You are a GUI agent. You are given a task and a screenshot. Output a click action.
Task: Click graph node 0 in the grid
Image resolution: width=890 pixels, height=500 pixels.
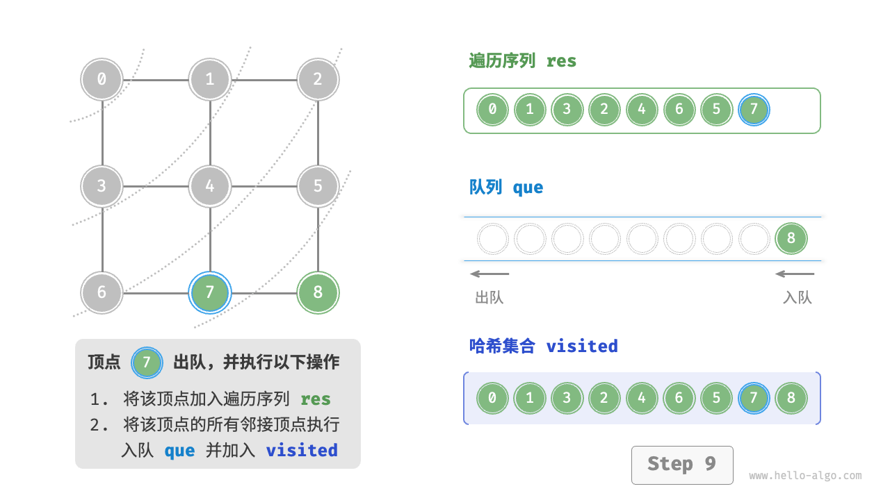click(x=102, y=79)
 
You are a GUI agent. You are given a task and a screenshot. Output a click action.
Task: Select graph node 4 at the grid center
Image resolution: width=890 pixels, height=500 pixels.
click(x=210, y=186)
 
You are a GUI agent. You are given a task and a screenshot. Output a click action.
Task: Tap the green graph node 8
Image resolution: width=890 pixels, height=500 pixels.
click(x=318, y=292)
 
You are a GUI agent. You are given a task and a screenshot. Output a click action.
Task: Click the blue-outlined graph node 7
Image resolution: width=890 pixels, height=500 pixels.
click(x=210, y=292)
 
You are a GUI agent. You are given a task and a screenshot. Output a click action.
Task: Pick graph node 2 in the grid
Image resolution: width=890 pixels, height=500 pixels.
click(x=318, y=79)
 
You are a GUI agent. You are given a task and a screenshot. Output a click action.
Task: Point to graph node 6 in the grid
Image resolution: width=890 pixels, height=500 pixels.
click(x=102, y=292)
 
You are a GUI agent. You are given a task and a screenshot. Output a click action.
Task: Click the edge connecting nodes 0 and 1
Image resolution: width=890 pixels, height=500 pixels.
click(x=156, y=79)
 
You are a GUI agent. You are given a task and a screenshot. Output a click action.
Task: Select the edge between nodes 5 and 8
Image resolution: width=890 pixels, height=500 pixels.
click(x=318, y=239)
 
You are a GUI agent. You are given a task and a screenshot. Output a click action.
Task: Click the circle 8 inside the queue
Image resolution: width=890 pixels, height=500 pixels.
click(x=791, y=239)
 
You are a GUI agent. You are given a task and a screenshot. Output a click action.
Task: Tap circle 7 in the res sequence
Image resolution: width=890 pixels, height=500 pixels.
click(x=754, y=110)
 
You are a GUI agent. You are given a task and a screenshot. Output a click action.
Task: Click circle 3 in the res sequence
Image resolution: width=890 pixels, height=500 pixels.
click(x=567, y=110)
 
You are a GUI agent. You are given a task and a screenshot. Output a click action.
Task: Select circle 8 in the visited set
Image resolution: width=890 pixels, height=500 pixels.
click(x=791, y=399)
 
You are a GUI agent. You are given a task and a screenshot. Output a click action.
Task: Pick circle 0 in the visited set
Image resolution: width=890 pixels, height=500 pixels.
click(x=492, y=399)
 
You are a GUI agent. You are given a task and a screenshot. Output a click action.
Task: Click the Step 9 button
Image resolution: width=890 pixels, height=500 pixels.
click(x=682, y=465)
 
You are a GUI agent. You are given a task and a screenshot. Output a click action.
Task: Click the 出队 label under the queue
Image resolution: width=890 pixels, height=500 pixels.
click(x=489, y=298)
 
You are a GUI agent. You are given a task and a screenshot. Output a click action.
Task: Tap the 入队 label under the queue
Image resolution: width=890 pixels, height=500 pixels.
click(x=797, y=298)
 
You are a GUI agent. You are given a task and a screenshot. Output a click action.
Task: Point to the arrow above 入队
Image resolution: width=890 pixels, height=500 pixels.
click(x=795, y=274)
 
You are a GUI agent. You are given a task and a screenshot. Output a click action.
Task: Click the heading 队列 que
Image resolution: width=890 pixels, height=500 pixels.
click(x=506, y=187)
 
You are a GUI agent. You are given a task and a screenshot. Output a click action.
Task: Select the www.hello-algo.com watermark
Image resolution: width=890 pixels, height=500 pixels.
click(x=805, y=476)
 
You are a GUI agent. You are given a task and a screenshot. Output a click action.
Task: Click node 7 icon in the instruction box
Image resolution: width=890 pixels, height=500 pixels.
click(x=146, y=362)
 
